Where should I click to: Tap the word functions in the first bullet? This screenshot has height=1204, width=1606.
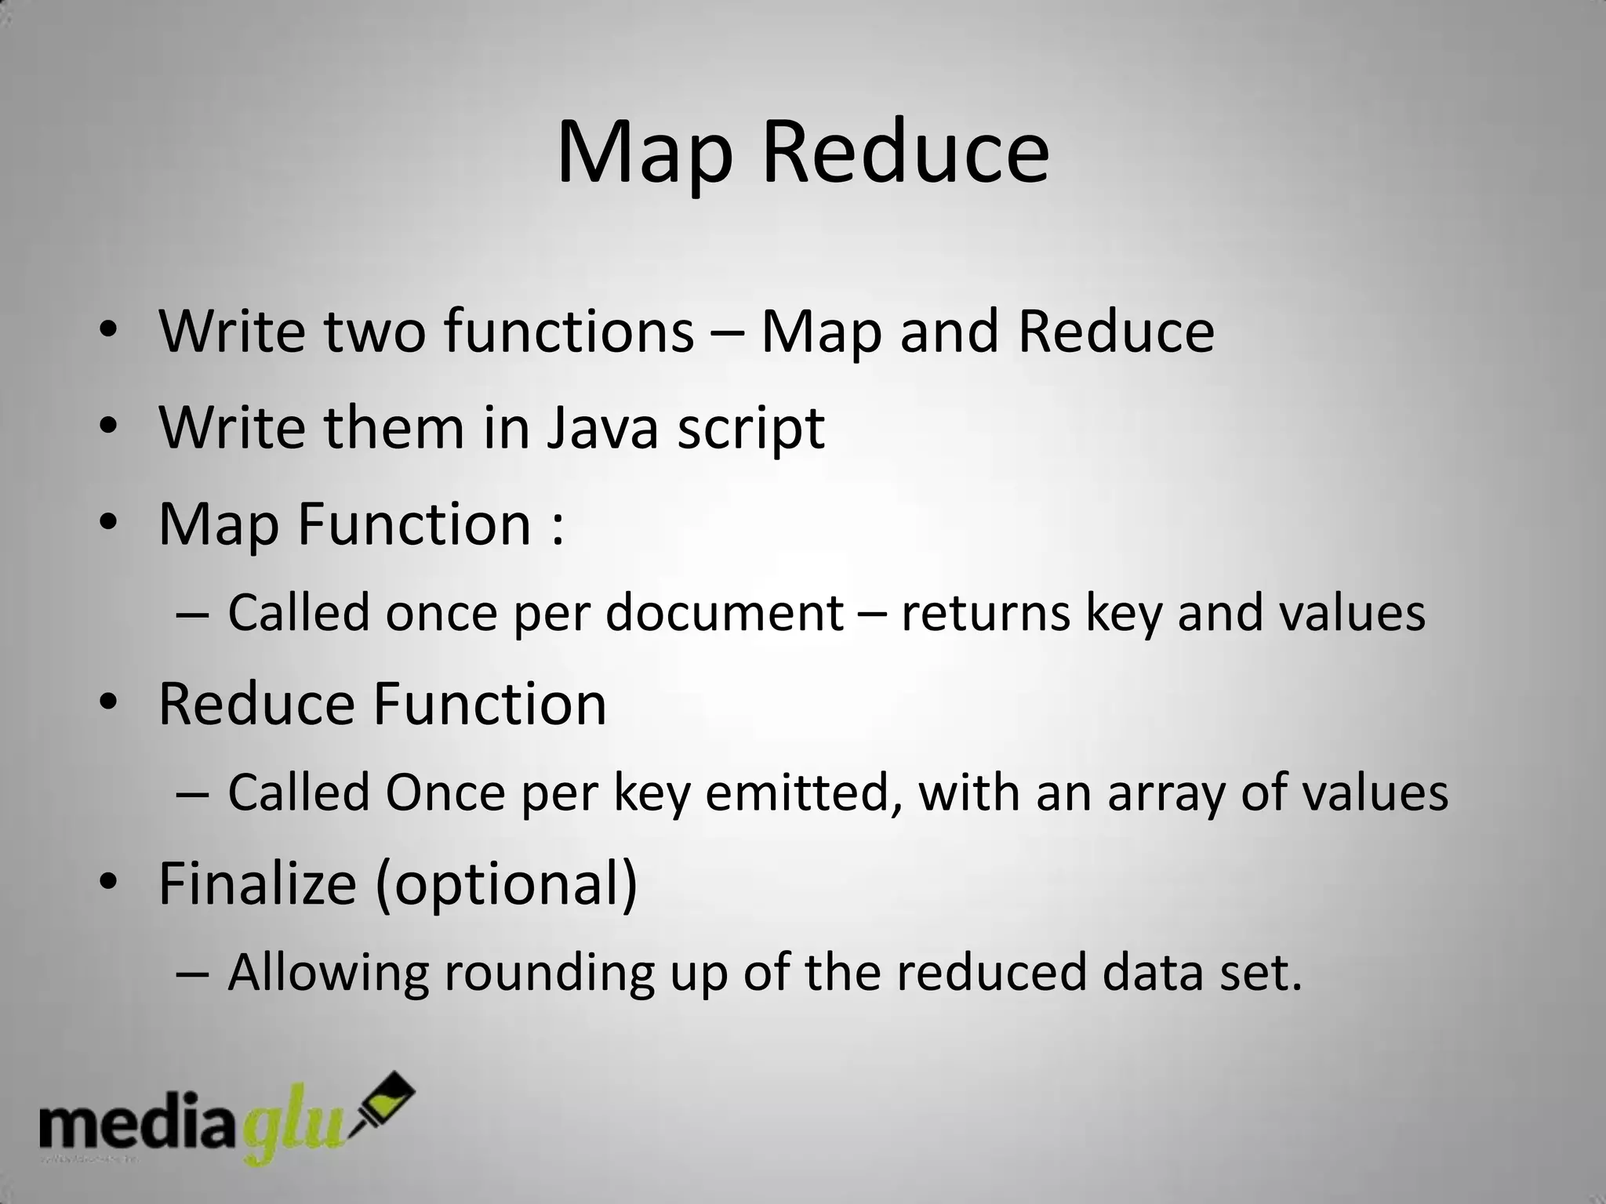569,332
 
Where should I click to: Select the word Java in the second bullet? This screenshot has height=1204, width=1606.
602,429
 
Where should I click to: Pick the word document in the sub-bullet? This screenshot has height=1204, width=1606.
724,612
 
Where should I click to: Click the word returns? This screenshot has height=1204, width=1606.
985,614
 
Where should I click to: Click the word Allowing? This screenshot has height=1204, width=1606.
328,974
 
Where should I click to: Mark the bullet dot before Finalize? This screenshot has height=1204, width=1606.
108,882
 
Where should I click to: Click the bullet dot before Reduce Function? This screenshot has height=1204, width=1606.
108,702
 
